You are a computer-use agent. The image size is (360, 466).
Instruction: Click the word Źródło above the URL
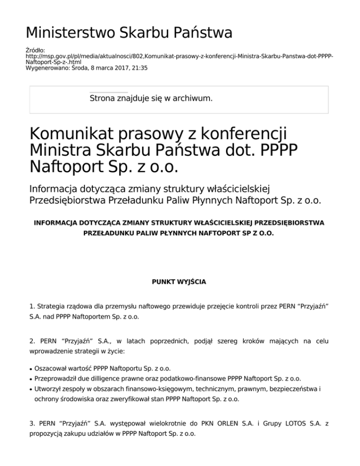click(35, 50)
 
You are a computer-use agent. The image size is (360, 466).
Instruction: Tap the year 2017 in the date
click(119, 68)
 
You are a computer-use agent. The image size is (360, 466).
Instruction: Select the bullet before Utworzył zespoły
click(31, 389)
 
